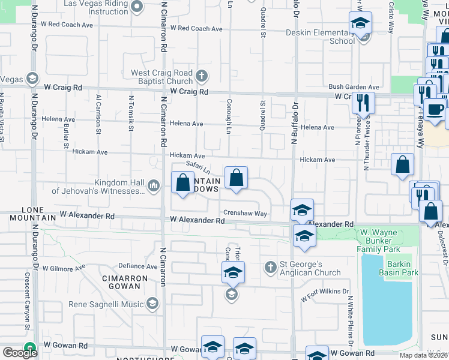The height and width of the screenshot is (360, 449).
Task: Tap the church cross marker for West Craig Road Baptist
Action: point(202,76)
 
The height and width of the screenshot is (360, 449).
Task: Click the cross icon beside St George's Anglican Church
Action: point(270,266)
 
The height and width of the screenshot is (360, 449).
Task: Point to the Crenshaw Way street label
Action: point(245,213)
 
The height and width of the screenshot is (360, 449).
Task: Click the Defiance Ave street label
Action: point(137,266)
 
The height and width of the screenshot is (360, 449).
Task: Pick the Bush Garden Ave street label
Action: point(354,87)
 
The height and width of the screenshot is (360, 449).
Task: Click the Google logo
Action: point(20,353)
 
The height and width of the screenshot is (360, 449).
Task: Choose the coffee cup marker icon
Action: point(435,111)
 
